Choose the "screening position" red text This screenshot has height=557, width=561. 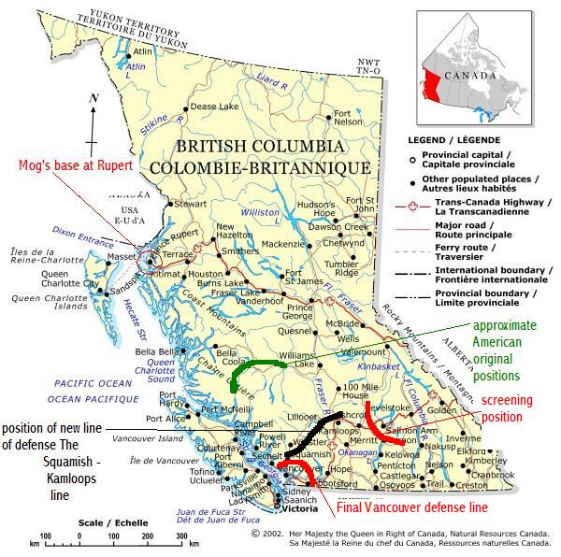point(513,408)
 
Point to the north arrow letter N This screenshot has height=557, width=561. point(92,98)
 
